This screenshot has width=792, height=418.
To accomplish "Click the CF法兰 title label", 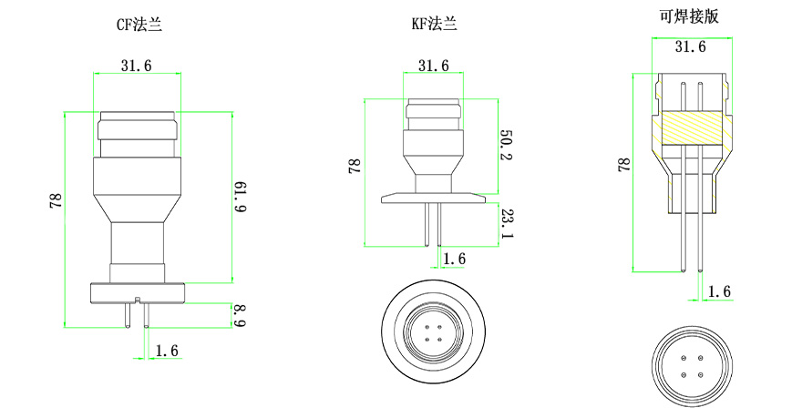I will coord(139,25).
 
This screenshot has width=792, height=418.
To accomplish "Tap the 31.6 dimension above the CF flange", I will coord(136,64).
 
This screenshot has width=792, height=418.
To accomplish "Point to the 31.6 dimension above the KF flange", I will coord(433,66).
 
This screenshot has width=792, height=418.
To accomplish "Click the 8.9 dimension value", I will coord(240,316).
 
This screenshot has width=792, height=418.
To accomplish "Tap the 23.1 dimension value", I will coord(507,223).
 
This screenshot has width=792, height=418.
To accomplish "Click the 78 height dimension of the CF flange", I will coord(55,201).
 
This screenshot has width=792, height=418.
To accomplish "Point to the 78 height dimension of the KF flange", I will coord(354,166).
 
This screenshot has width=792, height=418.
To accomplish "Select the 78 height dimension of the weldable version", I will coord(624,165).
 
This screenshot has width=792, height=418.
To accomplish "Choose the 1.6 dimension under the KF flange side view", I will coord(453,260).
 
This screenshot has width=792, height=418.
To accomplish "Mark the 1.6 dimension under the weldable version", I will coord(719,291).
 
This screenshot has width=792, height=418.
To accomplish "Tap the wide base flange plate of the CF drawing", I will coord(139,292).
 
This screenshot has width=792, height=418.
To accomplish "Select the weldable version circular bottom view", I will coord(692,364).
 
